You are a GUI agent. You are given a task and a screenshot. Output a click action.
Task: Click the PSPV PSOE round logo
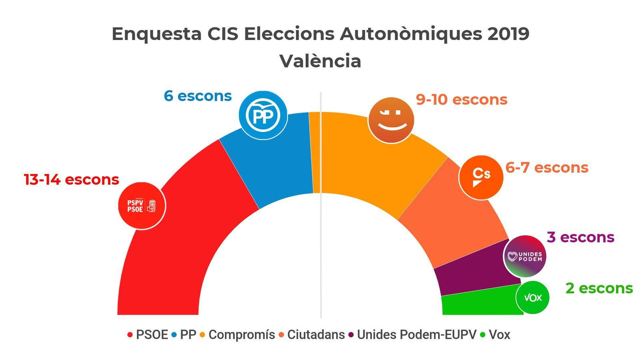142,206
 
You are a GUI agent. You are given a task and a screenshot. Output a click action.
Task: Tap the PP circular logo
263,115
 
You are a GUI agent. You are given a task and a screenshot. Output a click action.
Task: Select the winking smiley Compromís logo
391,120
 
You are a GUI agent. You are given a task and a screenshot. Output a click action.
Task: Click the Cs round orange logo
481,177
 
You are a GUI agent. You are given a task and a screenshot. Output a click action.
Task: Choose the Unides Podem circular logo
524,256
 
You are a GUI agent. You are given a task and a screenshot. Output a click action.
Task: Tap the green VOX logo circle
532,298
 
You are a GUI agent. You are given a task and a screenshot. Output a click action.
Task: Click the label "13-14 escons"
72,180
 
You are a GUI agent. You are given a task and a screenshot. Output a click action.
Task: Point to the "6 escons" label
198,96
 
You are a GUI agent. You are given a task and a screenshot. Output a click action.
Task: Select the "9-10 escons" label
462,100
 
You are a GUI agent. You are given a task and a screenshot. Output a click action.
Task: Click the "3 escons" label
580,237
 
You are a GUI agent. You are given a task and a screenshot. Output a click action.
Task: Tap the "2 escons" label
599,288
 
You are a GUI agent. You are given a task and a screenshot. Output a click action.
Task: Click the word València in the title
320,61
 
